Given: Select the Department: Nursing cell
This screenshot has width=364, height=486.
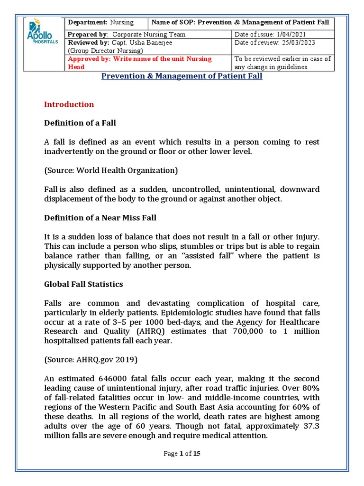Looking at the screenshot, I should tap(100, 22).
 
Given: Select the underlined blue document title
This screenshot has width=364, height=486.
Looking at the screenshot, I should tap(182, 76).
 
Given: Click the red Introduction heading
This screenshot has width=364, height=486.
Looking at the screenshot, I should tap(69, 104).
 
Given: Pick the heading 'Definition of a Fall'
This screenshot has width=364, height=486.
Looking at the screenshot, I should tap(80, 123).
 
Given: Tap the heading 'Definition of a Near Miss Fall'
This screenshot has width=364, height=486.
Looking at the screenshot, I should tap(100, 218).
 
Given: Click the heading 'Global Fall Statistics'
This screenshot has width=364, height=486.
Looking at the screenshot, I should tap(83, 284).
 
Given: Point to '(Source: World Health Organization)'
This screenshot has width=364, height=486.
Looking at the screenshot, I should tap(110, 170).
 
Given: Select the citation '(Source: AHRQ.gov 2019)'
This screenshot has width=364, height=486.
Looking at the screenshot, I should tap(91, 360).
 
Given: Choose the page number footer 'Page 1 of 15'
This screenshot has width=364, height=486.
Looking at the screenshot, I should tap(182, 453).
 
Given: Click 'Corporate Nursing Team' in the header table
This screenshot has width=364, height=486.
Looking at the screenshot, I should tap(148, 34).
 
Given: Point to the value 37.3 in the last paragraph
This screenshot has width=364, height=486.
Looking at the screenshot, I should tap(310, 426).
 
